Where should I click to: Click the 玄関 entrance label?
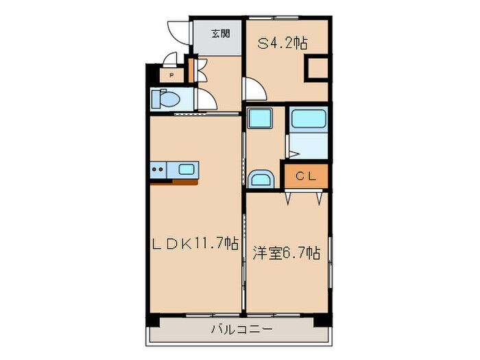(x=219, y=33)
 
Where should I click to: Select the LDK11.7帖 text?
(x=195, y=243)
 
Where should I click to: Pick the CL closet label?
(x=305, y=176)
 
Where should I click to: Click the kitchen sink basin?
(x=187, y=169)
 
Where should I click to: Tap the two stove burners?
(x=158, y=169)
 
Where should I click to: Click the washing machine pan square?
(x=261, y=119)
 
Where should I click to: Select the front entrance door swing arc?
(x=176, y=34)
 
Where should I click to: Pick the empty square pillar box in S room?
(x=317, y=69)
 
